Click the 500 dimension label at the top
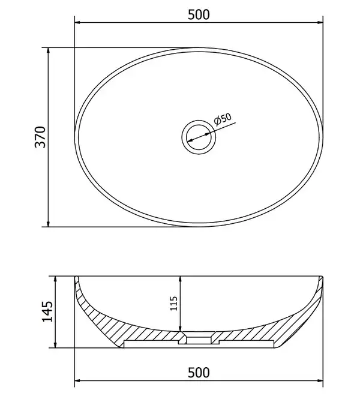point(199,14)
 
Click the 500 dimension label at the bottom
point(199,373)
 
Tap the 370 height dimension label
point(40,137)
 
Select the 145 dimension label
point(47,311)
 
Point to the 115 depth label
point(174,304)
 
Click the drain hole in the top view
point(199,137)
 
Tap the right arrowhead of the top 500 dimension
point(320,22)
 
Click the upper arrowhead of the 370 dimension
point(49,50)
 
